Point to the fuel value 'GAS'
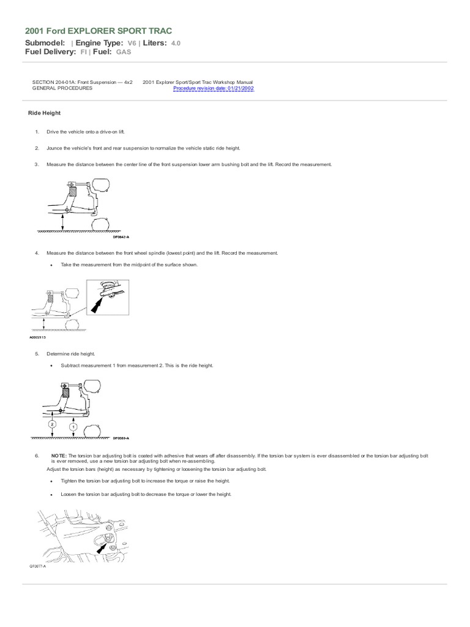coord(123,52)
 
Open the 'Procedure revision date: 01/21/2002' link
coord(214,88)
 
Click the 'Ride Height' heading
coord(44,113)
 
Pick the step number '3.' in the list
coord(37,164)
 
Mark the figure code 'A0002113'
coord(37,337)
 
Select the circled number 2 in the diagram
coord(53,424)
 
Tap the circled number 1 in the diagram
coord(73,426)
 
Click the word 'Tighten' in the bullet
coord(70,482)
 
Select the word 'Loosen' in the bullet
coord(69,495)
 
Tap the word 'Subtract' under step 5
coord(71,366)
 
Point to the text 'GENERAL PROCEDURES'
coord(62,88)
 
